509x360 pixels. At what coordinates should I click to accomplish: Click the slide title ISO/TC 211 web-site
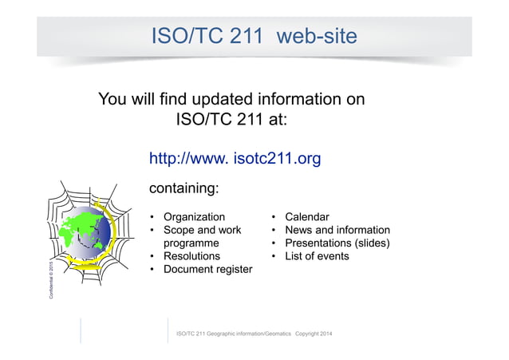[x=254, y=35]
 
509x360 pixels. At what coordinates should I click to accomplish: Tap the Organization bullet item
[x=194, y=217]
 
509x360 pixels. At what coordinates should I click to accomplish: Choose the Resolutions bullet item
[x=191, y=256]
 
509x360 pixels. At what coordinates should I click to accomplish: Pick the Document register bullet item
[x=207, y=270]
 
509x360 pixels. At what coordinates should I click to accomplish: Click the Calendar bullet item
[x=306, y=217]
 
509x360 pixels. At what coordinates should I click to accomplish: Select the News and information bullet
[x=337, y=230]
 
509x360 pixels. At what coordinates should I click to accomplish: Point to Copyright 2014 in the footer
[x=314, y=333]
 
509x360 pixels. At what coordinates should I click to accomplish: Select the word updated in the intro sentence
[x=213, y=100]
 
